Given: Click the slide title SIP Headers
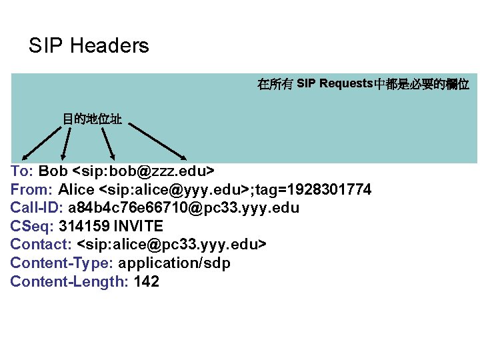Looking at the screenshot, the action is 89,46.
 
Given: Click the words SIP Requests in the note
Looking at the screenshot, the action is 334,84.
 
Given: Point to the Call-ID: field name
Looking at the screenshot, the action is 37,208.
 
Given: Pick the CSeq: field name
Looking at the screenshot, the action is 32,226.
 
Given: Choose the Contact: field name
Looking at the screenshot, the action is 41,245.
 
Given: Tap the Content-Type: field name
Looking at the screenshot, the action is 62,263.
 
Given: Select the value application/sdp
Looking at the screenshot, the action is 175,263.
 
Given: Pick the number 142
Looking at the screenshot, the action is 147,281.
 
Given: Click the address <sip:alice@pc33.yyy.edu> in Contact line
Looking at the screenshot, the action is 172,245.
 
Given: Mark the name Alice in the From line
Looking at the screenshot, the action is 76,189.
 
